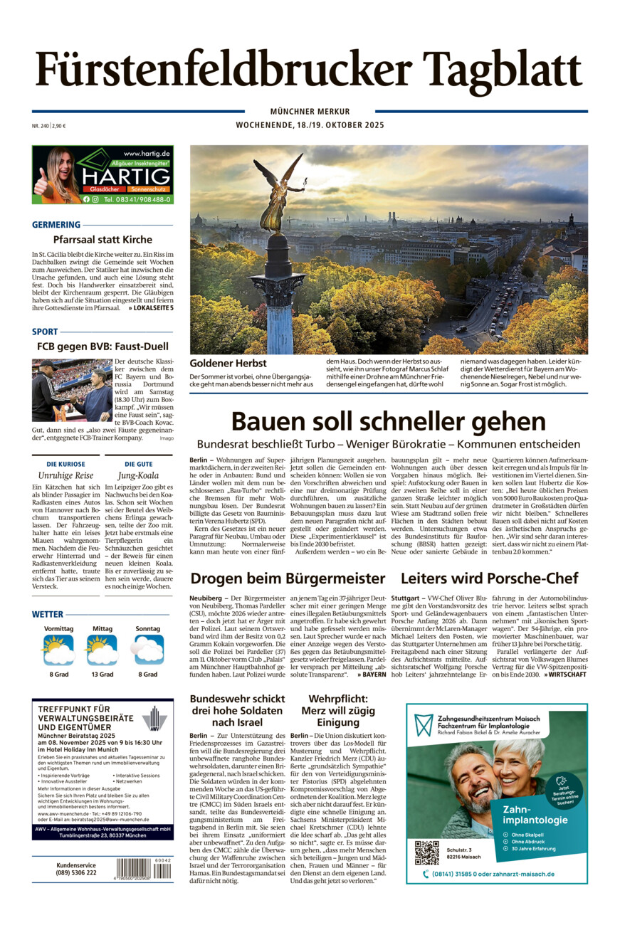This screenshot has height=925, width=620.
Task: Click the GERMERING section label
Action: pos(56,225)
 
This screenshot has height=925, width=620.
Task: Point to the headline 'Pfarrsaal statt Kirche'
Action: pos(103,240)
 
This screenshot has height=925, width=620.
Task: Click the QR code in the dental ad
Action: pos(427,852)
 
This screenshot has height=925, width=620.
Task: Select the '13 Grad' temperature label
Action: pos(102,674)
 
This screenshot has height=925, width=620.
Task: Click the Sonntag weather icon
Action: pos(148,650)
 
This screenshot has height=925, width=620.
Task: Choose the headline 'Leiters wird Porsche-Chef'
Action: pos(489,578)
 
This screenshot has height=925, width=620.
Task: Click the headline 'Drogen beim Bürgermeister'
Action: pos(288,578)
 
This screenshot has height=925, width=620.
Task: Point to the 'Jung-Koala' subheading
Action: pos(138,475)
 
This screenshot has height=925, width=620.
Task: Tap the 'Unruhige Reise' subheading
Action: pos(65,475)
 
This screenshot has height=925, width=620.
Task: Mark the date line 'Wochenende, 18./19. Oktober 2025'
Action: pos(310,125)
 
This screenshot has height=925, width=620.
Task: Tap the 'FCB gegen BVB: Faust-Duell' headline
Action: pos(103,347)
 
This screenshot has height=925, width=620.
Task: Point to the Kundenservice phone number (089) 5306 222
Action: pos(76,872)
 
